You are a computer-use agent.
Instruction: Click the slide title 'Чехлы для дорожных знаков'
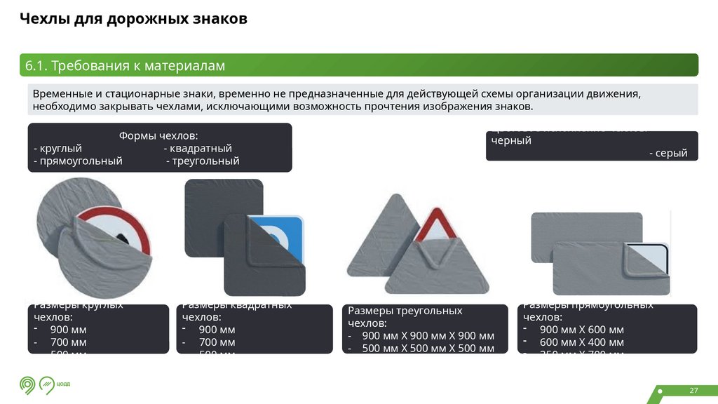(x=133, y=19)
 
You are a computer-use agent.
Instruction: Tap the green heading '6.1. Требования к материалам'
(x=125, y=66)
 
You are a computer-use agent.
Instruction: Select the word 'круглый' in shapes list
(x=60, y=149)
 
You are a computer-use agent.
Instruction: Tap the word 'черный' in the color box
(x=511, y=140)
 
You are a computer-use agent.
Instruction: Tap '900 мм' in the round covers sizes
(x=68, y=330)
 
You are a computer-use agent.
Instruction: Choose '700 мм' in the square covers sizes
(x=217, y=342)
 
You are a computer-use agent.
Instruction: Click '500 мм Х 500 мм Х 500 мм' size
(x=428, y=349)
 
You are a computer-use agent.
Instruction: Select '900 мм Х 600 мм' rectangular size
(x=581, y=330)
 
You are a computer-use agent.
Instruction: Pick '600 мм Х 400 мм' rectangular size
(x=581, y=342)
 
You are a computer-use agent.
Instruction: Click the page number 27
(x=694, y=391)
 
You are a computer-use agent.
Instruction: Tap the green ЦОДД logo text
(x=63, y=384)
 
